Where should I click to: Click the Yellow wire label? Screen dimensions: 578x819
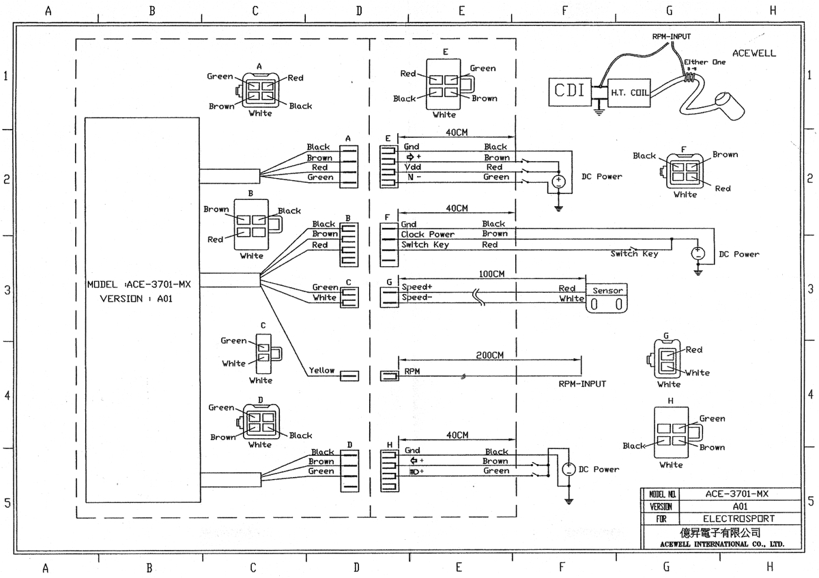pos(321,371)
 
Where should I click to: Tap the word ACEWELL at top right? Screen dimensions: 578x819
pos(753,53)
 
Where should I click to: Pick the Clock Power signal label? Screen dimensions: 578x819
pos(427,234)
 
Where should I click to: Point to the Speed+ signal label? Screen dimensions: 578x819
pos(417,287)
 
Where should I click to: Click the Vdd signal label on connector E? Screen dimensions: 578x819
pos(412,167)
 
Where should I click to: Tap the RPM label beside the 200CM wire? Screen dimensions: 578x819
pos(412,372)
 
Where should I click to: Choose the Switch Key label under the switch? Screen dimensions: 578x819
pos(634,254)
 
